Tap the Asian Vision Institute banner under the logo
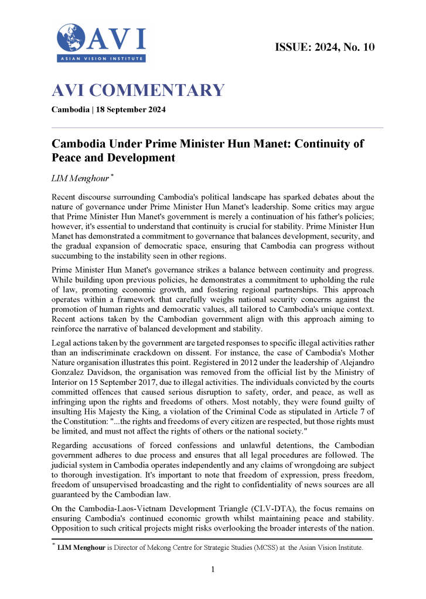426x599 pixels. pos(101,58)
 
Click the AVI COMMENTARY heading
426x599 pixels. pos(138,91)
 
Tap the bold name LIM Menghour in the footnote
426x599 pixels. pos(81,548)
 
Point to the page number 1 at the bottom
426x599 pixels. pos(213,569)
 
